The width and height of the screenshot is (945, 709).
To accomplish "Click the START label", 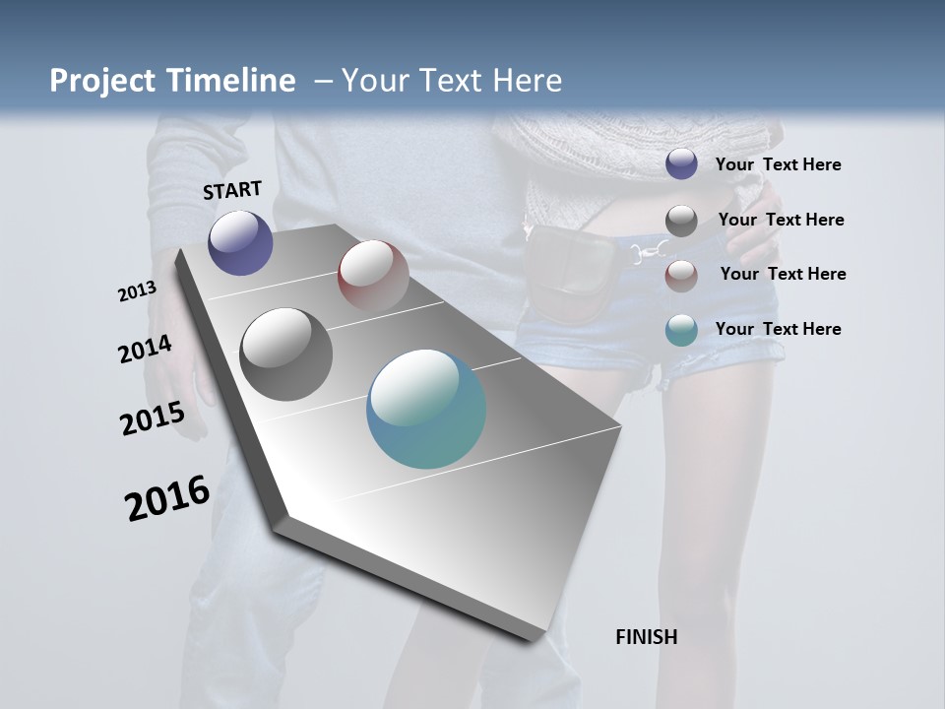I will [x=232, y=190].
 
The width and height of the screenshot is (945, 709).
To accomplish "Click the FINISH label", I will [x=646, y=637].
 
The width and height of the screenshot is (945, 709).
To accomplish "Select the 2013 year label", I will [x=137, y=291].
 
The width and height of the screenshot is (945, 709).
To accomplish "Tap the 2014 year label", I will [x=145, y=350].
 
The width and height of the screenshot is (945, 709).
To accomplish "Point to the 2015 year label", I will [x=153, y=419].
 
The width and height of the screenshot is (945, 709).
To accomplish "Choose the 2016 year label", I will [x=167, y=498].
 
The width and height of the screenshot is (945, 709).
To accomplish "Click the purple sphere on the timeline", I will [x=240, y=242].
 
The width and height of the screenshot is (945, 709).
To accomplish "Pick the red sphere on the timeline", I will [x=373, y=275].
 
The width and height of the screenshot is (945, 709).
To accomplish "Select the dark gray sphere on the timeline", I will [x=285, y=354].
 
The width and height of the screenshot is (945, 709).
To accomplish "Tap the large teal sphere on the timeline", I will [x=426, y=409].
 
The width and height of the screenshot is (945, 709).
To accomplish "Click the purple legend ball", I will [x=681, y=163].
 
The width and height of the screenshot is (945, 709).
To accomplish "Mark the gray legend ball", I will [x=681, y=221].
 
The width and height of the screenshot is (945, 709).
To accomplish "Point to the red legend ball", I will [x=681, y=276].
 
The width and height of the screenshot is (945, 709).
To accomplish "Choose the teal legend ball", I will [x=681, y=330].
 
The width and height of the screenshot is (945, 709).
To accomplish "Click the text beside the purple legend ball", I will [x=778, y=164].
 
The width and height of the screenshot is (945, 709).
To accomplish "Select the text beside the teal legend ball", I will [x=778, y=329].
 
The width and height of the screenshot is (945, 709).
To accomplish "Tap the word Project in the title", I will [x=102, y=81].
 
